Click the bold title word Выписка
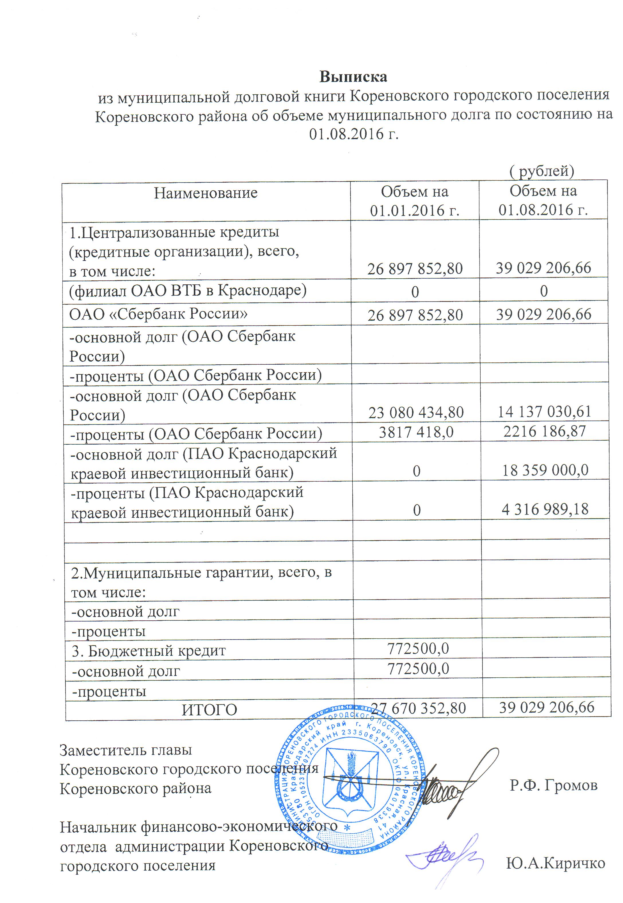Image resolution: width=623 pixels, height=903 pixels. coord(353,77)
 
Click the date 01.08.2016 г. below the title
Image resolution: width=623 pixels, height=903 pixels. coord(354,134)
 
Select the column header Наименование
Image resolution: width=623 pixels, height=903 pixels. coord(206,193)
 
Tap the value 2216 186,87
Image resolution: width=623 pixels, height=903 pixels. coord(545,431)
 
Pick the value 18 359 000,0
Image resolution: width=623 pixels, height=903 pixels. coord(545,470)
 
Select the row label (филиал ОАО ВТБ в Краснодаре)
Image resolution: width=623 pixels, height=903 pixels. coord(188,291)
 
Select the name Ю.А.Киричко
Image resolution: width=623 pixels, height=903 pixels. coord(555,863)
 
